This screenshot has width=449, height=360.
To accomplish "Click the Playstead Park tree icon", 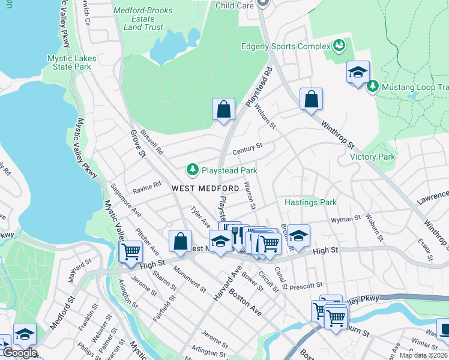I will [193, 170].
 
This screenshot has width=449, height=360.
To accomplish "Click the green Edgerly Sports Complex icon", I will [339, 46].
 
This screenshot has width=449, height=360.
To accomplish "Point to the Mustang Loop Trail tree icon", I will [372, 87].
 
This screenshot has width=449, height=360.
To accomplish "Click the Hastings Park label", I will [310, 203].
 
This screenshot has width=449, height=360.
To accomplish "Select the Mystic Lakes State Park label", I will [70, 62].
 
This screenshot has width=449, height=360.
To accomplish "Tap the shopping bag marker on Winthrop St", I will [311, 99].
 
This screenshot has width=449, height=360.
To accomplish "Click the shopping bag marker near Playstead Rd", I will [223, 110].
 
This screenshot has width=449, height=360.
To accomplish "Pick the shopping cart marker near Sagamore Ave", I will [131, 251].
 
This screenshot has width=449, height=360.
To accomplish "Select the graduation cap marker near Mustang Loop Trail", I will [358, 73].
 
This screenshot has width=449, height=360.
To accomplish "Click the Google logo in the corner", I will [19, 353].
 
